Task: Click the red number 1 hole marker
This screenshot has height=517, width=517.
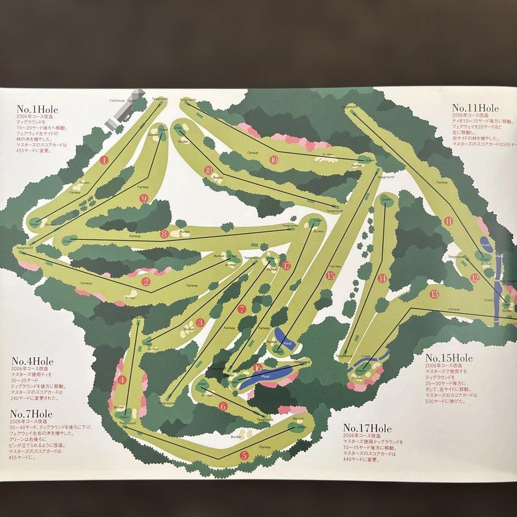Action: click(104, 160)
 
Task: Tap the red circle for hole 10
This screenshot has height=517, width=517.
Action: click(274, 160)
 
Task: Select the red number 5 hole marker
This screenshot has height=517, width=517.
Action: click(245, 455)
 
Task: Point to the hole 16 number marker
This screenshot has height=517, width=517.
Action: click(258, 368)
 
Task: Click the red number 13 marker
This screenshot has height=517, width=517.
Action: click(434, 294)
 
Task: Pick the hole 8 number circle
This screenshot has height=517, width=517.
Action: click(165, 234)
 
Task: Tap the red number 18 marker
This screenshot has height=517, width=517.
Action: click(208, 170)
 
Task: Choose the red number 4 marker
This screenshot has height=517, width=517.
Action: click(123, 380)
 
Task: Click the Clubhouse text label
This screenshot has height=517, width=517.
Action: click(117, 101)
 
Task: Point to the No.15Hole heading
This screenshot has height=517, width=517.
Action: click(449, 358)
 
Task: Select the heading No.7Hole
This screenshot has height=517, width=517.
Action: click(32, 414)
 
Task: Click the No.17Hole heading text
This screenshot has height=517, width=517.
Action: click(367, 428)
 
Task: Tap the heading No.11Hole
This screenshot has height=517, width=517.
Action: click(475, 108)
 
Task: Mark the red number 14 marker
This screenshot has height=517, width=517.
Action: click(382, 278)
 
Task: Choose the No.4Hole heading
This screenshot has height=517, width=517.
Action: click(33, 361)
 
